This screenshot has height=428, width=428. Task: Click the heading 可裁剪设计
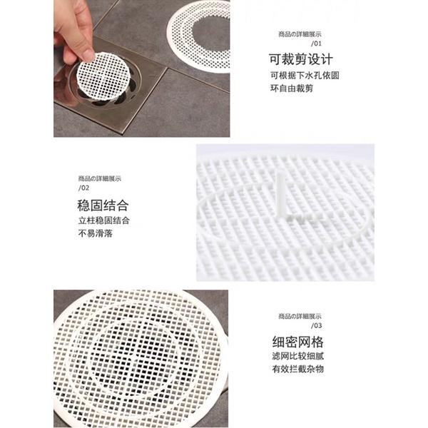(x=301, y=59)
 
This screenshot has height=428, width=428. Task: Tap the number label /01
(x=316, y=44)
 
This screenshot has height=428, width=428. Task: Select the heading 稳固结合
(x=103, y=205)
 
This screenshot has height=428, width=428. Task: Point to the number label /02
(x=83, y=188)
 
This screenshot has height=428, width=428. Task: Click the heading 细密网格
(x=297, y=342)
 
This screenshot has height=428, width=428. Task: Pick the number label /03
(x=316, y=325)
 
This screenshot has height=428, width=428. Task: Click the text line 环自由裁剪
(x=292, y=88)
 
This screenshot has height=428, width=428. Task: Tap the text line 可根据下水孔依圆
(x=305, y=76)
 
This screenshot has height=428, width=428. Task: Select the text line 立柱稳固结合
(x=104, y=220)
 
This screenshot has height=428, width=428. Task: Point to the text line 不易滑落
(x=96, y=233)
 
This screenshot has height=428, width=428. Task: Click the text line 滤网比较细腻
(x=297, y=356)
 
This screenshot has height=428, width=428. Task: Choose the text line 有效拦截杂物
(x=297, y=369)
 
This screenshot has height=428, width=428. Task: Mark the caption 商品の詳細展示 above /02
(x=100, y=178)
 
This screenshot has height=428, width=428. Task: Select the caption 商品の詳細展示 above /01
(x=300, y=34)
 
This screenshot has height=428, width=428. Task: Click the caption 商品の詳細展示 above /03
(x=300, y=316)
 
